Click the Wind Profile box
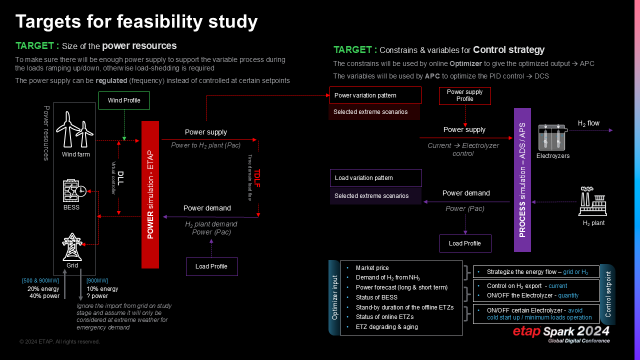pyautogui.click(x=124, y=100)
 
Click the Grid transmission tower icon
pyautogui.click(x=72, y=247)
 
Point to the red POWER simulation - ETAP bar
pyautogui.click(x=150, y=194)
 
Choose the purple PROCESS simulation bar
pyautogui.click(x=522, y=180)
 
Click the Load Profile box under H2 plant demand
pyautogui.click(x=211, y=266)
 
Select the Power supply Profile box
pyautogui.click(x=464, y=95)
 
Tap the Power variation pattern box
pyautogui.click(x=375, y=95)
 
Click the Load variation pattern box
pyautogui.click(x=375, y=178)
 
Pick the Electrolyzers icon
pyautogui.click(x=551, y=137)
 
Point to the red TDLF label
pyautogui.click(x=257, y=178)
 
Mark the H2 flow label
pyautogui.click(x=588, y=123)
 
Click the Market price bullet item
pyautogui.click(x=372, y=268)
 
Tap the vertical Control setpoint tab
pyautogui.click(x=608, y=294)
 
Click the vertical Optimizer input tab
pyautogui.click(x=334, y=297)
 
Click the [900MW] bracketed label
pyautogui.click(x=97, y=280)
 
